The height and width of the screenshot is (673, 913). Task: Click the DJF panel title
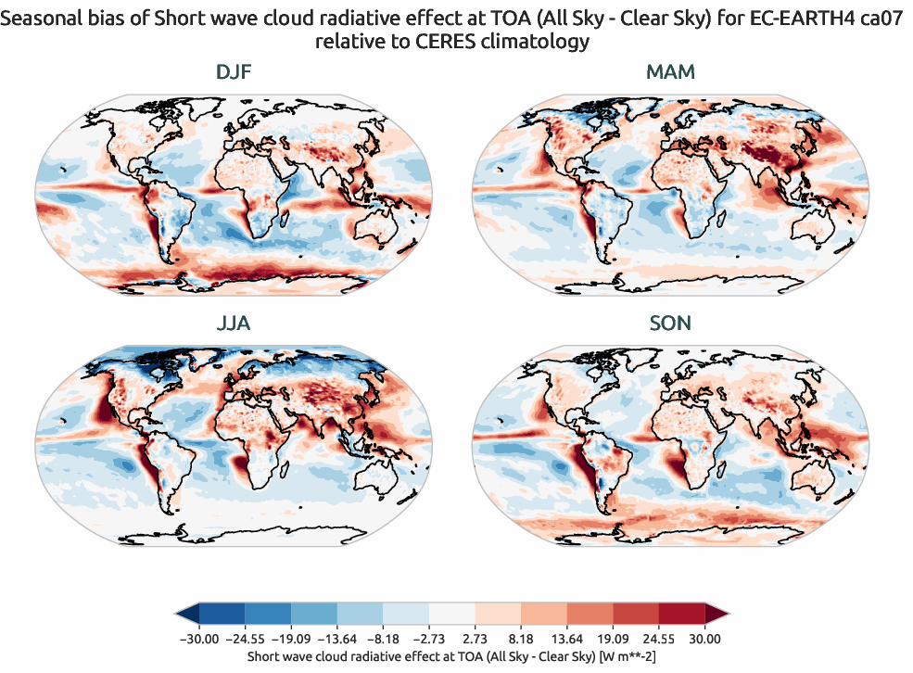[x=233, y=72]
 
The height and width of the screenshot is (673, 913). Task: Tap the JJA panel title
[x=233, y=324]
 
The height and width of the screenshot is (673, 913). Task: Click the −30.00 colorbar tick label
[x=197, y=639]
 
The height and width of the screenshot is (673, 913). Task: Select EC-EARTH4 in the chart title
[x=805, y=18]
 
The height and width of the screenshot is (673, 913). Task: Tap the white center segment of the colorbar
[x=451, y=614]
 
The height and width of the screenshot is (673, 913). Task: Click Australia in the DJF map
[x=384, y=222]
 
